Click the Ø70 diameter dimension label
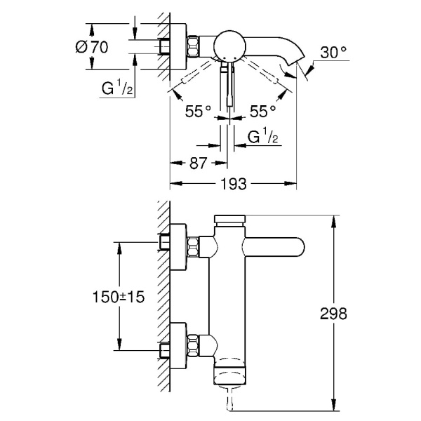pyautogui.click(x=92, y=47)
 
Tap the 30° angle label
pyautogui.click(x=333, y=52)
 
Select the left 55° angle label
pyautogui.click(x=198, y=111)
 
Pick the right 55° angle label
pyautogui.click(x=263, y=111)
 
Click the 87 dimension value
pyautogui.click(x=199, y=163)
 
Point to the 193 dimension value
pyautogui.click(x=234, y=184)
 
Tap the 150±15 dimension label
pyautogui.click(x=119, y=297)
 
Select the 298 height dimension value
pyautogui.click(x=333, y=314)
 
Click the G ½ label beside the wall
pyautogui.click(x=117, y=87)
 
